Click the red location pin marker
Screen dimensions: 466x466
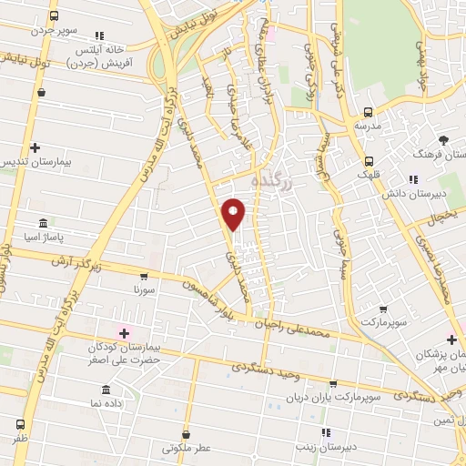pyautogui.click(x=234, y=213)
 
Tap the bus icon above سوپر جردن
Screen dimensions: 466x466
pyautogui.click(x=55, y=16)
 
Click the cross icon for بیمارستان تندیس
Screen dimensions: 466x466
pyautogui.click(x=35, y=147)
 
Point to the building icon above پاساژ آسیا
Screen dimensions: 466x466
pyautogui.click(x=43, y=224)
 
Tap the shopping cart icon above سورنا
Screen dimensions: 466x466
pyautogui.click(x=144, y=276)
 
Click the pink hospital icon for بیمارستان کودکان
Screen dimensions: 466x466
pyautogui.click(x=123, y=333)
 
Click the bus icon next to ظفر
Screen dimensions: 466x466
pyautogui.click(x=20, y=423)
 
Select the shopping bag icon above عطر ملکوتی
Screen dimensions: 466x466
pyautogui.click(x=187, y=435)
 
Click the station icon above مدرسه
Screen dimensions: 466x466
pyautogui.click(x=367, y=113)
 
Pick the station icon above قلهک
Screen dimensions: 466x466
pyautogui.click(x=367, y=157)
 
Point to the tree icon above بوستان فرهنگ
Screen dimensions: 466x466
pyautogui.click(x=444, y=139)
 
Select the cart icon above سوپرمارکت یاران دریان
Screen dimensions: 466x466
pyautogui.click(x=333, y=385)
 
